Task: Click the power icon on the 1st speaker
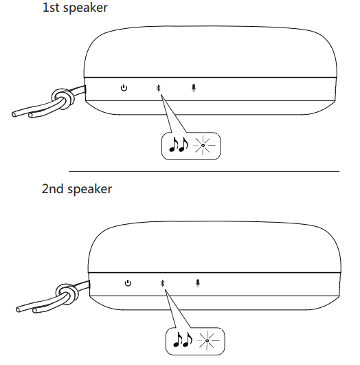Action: [x=124, y=88]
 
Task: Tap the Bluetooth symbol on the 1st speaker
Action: [x=158, y=88]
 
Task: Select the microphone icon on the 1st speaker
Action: [x=194, y=88]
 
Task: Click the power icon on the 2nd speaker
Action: [x=128, y=283]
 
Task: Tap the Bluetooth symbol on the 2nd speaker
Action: [x=162, y=283]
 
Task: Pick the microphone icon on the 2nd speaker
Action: [x=198, y=283]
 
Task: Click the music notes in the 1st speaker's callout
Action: [x=178, y=144]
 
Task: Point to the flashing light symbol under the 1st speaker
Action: [x=203, y=145]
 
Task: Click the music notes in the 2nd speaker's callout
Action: [x=183, y=340]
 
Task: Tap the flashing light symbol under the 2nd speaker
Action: [x=207, y=340]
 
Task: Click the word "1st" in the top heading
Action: [x=51, y=8]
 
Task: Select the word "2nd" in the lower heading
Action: [x=53, y=189]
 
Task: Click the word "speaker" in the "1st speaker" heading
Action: [x=85, y=8]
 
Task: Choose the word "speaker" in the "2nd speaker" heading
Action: [x=89, y=189]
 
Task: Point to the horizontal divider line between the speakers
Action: [x=204, y=172]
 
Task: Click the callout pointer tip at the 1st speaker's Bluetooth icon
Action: [x=161, y=94]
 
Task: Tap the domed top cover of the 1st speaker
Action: [x=210, y=52]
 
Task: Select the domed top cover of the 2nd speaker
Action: [x=214, y=247]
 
